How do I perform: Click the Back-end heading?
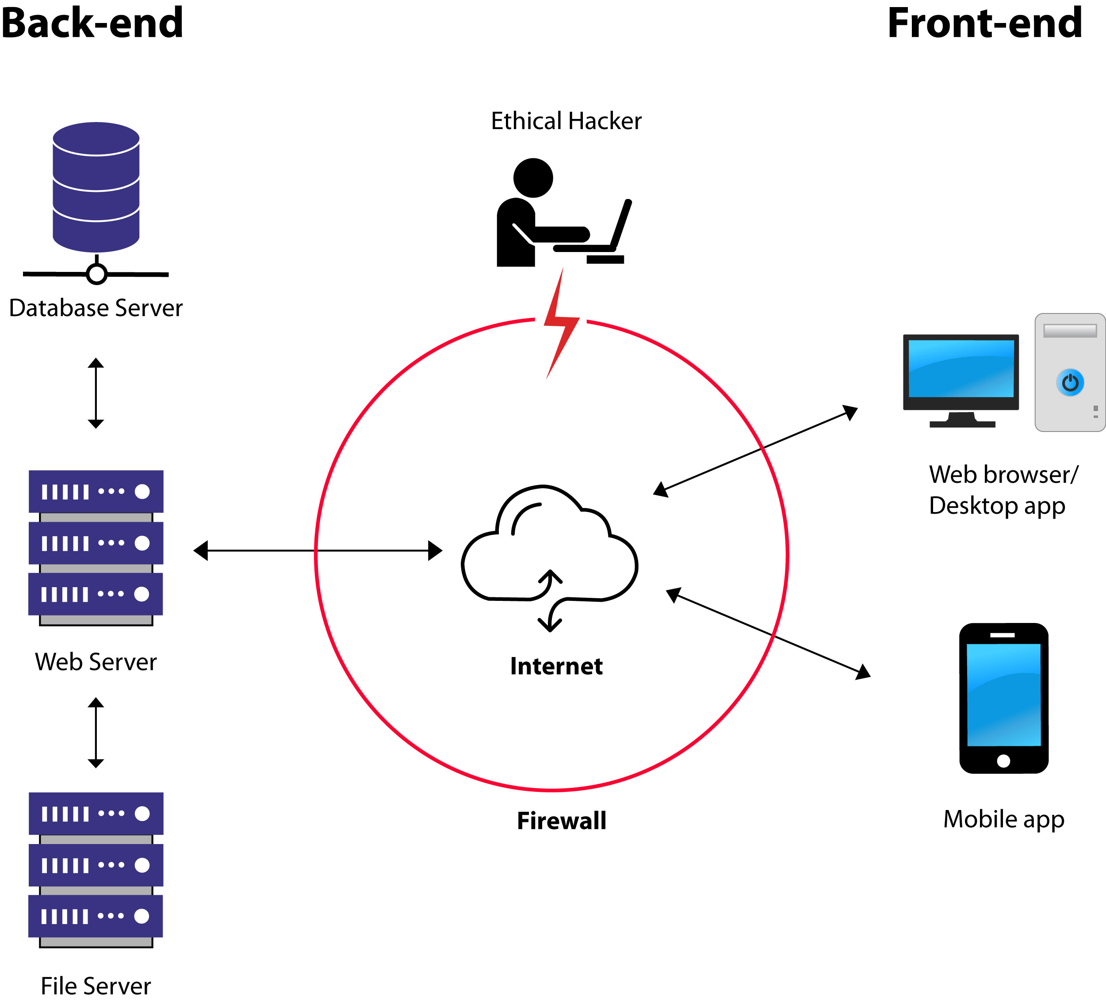click(x=92, y=23)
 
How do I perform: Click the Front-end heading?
click(x=985, y=23)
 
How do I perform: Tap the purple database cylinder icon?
click(x=96, y=187)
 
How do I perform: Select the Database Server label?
click(x=96, y=308)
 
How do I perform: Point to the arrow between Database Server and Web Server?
click(x=96, y=393)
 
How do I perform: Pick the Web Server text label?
click(x=96, y=661)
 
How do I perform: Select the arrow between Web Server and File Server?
click(x=96, y=732)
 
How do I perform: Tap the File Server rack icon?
click(x=96, y=869)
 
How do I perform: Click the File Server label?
click(x=96, y=986)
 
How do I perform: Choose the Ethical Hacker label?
click(x=566, y=121)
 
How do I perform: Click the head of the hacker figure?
click(x=533, y=178)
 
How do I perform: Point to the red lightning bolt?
click(x=561, y=324)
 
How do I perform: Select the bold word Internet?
click(x=556, y=666)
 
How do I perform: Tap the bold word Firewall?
click(x=561, y=821)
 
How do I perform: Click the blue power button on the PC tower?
click(x=1070, y=382)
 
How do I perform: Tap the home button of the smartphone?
click(x=1003, y=761)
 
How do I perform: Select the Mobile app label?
click(x=1003, y=819)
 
